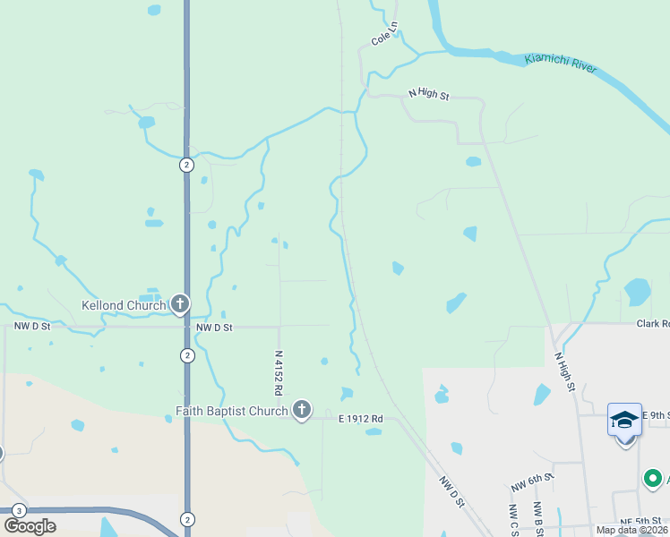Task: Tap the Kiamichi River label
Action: (560, 63)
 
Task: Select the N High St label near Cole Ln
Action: (428, 93)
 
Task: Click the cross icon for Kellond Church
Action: (180, 305)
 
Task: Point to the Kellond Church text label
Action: (124, 305)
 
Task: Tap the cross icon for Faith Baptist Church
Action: (302, 411)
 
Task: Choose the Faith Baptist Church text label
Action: (231, 412)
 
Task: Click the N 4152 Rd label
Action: (279, 373)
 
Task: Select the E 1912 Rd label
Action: (360, 419)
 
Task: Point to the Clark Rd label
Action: (653, 324)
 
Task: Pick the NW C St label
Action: (512, 520)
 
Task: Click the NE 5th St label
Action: (643, 522)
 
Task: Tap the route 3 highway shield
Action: (18, 509)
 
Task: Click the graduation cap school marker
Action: (624, 419)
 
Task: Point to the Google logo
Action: (30, 525)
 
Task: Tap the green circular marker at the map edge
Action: (653, 480)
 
